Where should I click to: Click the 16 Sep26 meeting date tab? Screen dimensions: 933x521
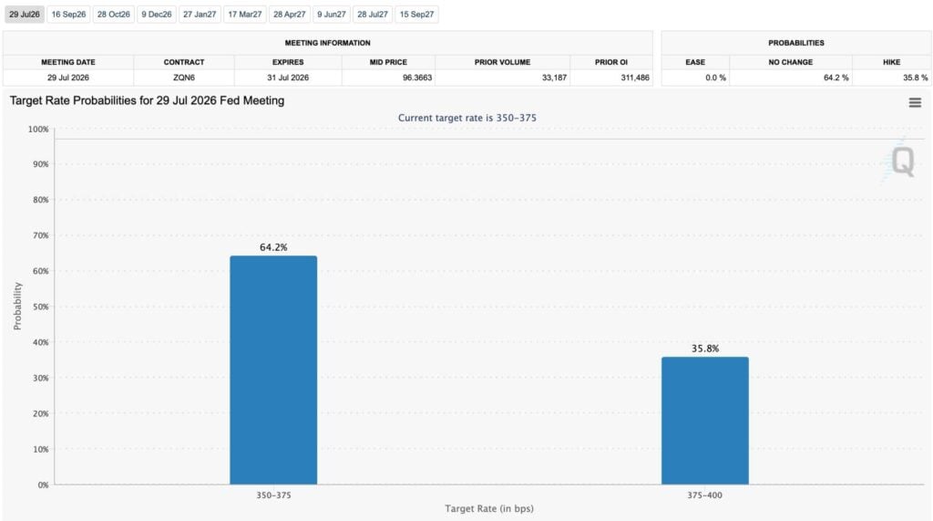click(68, 15)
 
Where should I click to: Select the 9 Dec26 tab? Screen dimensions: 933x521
click(157, 15)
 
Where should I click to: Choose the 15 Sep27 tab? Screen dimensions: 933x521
click(416, 15)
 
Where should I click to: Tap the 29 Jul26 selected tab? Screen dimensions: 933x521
click(25, 15)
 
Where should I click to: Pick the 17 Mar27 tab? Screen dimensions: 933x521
click(244, 15)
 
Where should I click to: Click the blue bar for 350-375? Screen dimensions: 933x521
click(273, 370)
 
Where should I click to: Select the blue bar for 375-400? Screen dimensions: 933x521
click(705, 421)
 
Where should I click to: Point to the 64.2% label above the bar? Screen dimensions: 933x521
click(273, 247)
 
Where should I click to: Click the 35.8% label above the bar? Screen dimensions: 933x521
click(705, 349)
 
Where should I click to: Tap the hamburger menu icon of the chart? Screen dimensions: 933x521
click(915, 103)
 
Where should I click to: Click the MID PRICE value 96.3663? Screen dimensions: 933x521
click(417, 78)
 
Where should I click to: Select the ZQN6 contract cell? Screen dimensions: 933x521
click(184, 78)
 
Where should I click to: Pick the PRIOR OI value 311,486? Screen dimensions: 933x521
click(635, 78)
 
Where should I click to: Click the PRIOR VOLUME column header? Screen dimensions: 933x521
click(502, 62)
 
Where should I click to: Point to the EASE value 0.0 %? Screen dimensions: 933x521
click(715, 78)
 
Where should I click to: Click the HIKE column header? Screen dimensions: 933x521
click(891, 62)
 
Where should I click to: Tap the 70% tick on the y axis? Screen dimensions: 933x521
click(40, 235)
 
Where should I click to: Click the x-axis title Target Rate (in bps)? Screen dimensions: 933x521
click(489, 508)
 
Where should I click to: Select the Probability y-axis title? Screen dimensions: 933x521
click(17, 306)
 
